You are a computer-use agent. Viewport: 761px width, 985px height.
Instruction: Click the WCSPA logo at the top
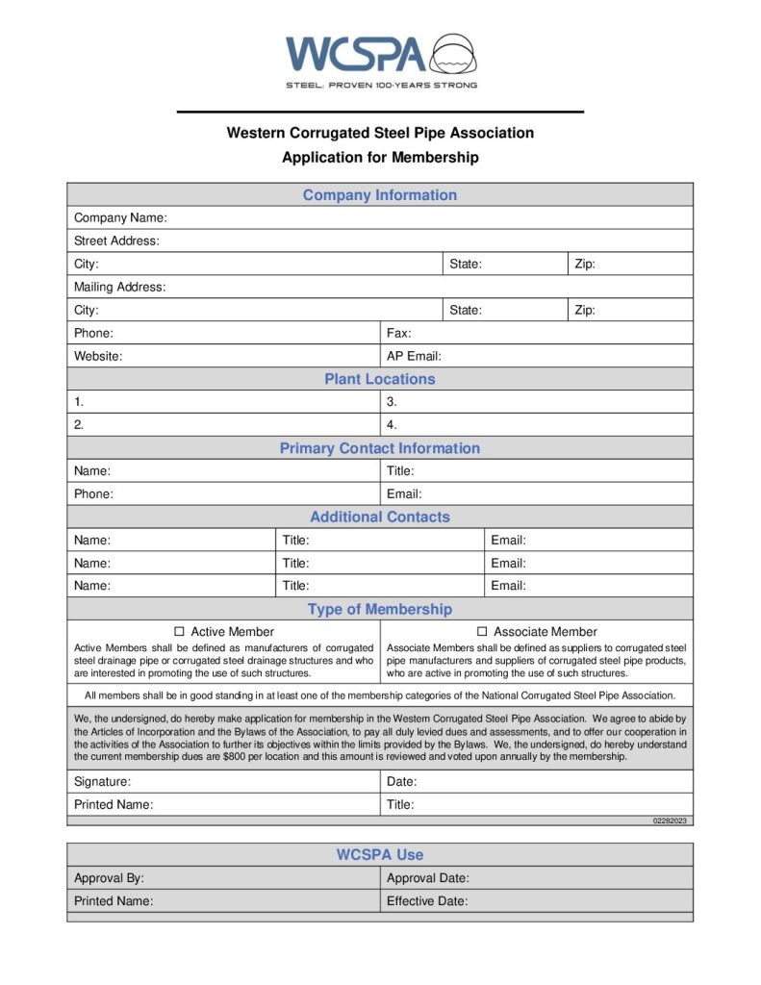pyautogui.click(x=381, y=58)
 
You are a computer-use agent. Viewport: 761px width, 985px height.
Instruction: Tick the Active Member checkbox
pyautogui.click(x=179, y=632)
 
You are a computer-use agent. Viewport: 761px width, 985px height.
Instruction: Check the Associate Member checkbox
pyautogui.click(x=482, y=632)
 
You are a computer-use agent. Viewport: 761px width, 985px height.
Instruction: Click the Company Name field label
pyautogui.click(x=120, y=217)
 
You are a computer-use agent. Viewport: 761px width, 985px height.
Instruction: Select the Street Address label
pyautogui.click(x=116, y=240)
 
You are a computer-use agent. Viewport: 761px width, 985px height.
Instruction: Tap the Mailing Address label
pyautogui.click(x=119, y=287)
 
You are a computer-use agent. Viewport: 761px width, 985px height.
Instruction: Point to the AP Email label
pyautogui.click(x=414, y=356)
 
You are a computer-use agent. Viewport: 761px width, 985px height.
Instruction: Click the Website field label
pyautogui.click(x=98, y=356)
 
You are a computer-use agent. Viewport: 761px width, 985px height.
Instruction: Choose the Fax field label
pyautogui.click(x=398, y=333)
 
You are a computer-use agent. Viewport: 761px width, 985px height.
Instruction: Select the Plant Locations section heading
pyautogui.click(x=380, y=379)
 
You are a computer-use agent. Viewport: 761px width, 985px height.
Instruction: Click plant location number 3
pyautogui.click(x=392, y=402)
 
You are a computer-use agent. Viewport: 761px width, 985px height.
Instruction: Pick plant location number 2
pyautogui.click(x=79, y=424)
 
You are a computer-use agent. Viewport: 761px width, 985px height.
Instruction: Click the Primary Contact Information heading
pyautogui.click(x=380, y=448)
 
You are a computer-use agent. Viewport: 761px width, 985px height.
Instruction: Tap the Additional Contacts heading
pyautogui.click(x=380, y=517)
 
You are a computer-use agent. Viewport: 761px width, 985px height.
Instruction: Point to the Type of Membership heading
pyautogui.click(x=380, y=609)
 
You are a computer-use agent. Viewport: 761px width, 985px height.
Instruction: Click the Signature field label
pyautogui.click(x=102, y=782)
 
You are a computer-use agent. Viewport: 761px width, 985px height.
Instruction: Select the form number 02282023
pyautogui.click(x=671, y=821)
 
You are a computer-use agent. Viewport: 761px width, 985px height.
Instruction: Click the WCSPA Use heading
pyautogui.click(x=380, y=854)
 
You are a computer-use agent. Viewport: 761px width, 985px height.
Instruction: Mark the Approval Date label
pyautogui.click(x=427, y=878)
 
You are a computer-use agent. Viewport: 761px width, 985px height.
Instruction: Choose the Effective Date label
pyautogui.click(x=427, y=901)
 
